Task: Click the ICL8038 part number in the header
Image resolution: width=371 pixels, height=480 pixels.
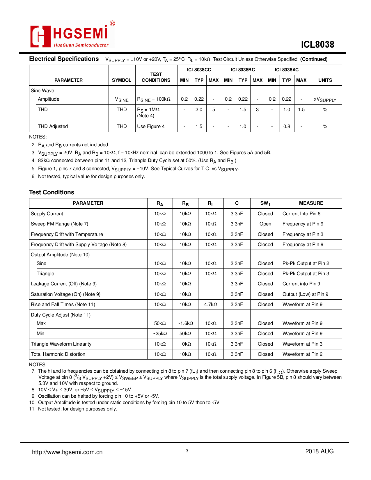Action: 317,45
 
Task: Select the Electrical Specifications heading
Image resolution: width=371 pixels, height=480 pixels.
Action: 64,59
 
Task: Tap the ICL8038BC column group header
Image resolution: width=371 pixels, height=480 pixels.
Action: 243,70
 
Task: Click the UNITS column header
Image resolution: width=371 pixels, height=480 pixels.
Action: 325,80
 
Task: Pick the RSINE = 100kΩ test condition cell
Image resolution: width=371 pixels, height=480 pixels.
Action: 154,99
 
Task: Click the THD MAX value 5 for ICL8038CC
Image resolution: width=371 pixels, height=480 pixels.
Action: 214,110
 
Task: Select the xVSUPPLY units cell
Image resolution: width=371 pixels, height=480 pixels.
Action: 325,99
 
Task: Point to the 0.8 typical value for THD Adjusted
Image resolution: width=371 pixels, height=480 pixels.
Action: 287,126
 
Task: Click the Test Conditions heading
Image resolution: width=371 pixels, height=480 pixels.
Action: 52,192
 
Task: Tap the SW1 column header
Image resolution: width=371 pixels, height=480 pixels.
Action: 265,203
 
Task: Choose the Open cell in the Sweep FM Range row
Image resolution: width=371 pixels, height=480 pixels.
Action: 265,224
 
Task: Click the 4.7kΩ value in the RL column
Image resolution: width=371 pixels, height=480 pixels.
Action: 211,304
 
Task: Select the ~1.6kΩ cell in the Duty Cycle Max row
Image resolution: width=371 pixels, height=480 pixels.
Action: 185,323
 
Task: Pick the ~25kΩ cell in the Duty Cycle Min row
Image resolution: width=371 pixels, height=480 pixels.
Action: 160,333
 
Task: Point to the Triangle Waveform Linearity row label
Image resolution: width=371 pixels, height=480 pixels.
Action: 61,344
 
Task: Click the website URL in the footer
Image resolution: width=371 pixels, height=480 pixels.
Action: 67,452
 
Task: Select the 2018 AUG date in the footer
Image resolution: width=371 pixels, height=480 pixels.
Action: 319,451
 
